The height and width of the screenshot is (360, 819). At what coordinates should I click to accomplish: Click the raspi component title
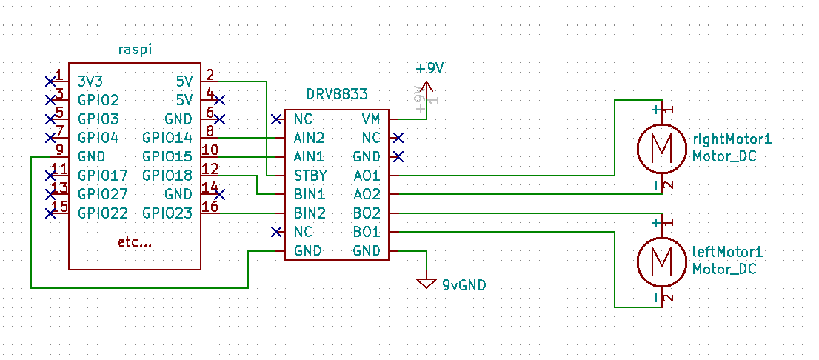click(135, 49)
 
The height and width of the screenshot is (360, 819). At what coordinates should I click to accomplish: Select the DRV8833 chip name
click(337, 95)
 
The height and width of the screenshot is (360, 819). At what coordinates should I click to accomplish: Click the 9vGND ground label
click(464, 284)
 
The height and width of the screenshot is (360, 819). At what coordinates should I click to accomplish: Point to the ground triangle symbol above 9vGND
click(427, 283)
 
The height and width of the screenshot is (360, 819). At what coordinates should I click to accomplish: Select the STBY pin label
click(310, 175)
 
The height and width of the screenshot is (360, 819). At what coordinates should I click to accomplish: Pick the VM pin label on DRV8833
click(371, 119)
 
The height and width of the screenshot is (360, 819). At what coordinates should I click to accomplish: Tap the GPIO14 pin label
click(167, 138)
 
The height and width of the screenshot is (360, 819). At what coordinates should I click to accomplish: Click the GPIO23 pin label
click(167, 213)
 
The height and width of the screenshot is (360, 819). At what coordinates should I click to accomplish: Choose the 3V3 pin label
click(90, 81)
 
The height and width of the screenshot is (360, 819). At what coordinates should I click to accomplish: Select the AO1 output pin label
click(367, 175)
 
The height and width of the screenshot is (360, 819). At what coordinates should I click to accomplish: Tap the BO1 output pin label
click(367, 231)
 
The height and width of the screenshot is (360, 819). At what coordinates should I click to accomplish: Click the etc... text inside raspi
click(135, 242)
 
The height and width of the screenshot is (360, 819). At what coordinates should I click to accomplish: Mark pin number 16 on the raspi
click(210, 207)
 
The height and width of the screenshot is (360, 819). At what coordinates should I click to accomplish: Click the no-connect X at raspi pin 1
click(50, 81)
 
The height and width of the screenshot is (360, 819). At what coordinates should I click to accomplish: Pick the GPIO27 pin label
click(103, 194)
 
